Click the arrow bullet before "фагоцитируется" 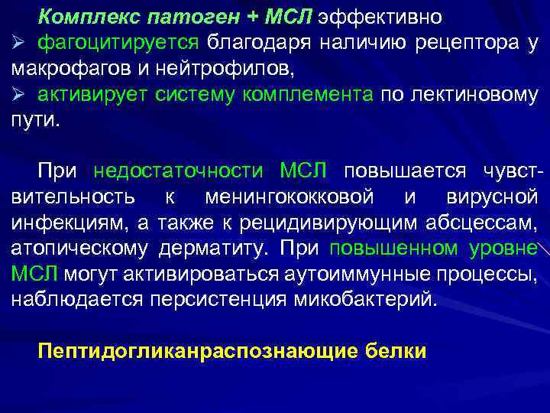click(x=18, y=43)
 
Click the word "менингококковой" click(x=290, y=197)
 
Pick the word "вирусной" click(x=490, y=197)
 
